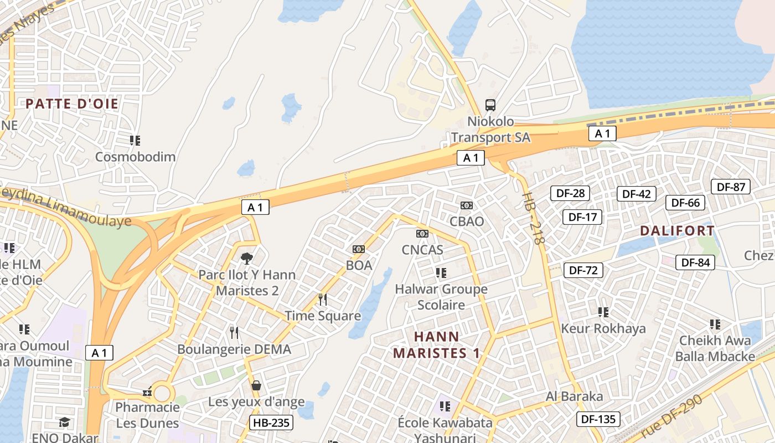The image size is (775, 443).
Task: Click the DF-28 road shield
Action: coord(570,193)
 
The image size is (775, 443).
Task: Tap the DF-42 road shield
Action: coord(637,194)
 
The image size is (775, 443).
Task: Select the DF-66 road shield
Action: coord(685,203)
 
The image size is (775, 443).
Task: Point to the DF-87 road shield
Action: coord(731,187)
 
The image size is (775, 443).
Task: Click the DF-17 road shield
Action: coord(582,217)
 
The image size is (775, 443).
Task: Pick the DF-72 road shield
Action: coord(583,270)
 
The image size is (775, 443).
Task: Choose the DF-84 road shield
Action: coord(695,262)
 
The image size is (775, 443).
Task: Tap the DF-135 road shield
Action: coord(598,419)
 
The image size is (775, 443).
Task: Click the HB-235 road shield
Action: coord(271,423)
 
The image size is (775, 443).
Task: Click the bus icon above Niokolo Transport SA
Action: coord(490,105)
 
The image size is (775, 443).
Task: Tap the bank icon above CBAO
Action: coord(467,205)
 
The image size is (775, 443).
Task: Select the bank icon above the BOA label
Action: coord(359,249)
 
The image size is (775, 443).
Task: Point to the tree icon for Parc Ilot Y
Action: coord(247,258)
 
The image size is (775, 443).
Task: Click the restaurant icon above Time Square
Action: coord(323,300)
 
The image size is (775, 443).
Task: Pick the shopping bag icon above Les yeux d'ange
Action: coord(256,385)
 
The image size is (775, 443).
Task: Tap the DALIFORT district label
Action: coord(677,231)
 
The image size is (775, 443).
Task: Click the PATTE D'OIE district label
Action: coord(72,104)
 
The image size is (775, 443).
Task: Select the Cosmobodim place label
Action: coord(135,157)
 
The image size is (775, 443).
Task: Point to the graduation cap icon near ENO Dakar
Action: coord(65,423)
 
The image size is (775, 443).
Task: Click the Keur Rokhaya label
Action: coord(603,328)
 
